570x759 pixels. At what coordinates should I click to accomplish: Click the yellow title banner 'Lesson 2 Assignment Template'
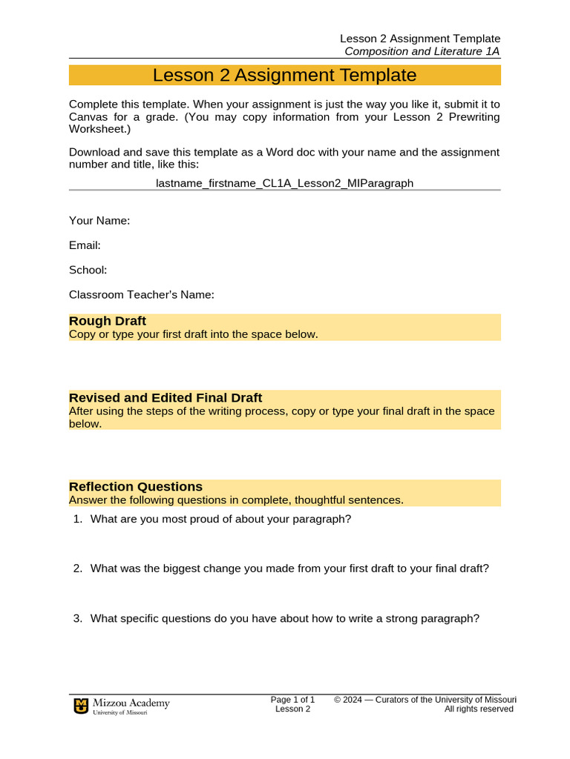click(x=284, y=76)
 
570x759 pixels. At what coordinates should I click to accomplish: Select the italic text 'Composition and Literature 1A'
click(x=422, y=51)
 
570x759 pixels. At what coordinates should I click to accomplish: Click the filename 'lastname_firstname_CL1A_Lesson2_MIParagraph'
click(x=284, y=182)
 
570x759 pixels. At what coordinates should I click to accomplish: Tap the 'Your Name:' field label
click(x=99, y=220)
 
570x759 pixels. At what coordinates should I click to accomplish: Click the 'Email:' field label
click(x=85, y=245)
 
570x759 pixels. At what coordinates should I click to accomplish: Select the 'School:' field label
click(x=88, y=270)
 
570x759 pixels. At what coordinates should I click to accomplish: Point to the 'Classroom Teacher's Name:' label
click(x=141, y=295)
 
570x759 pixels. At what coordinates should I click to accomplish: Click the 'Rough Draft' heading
click(x=108, y=321)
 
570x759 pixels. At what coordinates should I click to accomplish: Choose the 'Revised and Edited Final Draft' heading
click(x=166, y=398)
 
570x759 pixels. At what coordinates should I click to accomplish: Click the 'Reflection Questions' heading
click(x=136, y=487)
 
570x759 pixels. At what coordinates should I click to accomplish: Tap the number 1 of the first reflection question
click(x=76, y=519)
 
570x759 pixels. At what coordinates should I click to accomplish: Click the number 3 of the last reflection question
click(x=76, y=618)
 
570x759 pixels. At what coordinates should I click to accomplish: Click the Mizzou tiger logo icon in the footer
click(x=80, y=706)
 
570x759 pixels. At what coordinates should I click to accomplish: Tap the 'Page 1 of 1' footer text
click(x=292, y=700)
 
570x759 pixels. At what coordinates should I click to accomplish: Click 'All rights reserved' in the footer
click(x=479, y=709)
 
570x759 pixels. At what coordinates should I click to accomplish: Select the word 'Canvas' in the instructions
click(x=87, y=117)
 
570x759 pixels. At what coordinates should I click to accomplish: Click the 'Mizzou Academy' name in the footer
click(x=131, y=703)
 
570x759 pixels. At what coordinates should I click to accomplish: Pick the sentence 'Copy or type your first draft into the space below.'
click(x=193, y=334)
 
